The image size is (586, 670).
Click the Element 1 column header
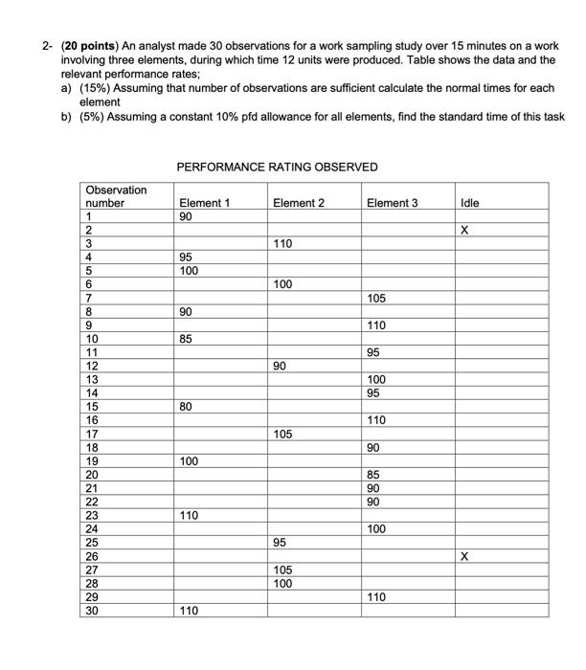point(204,203)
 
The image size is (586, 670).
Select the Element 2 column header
point(299,203)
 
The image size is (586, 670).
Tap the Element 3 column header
point(393,203)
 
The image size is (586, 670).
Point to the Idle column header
point(469,203)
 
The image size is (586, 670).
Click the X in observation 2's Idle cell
point(464,231)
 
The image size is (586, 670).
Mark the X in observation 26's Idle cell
point(464,556)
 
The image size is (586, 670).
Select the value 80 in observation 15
point(187,407)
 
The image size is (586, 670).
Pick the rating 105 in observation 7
point(377,299)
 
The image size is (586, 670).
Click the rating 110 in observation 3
point(282,244)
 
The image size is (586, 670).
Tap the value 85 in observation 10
point(187,339)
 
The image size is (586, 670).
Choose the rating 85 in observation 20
point(374,475)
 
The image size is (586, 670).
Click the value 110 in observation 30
point(190,611)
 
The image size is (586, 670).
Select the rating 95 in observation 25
point(281,543)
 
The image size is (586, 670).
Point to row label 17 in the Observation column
point(93,434)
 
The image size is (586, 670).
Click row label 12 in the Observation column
point(93,366)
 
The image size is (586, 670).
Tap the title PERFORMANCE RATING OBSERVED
point(278,167)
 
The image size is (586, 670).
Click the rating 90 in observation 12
point(281,366)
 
